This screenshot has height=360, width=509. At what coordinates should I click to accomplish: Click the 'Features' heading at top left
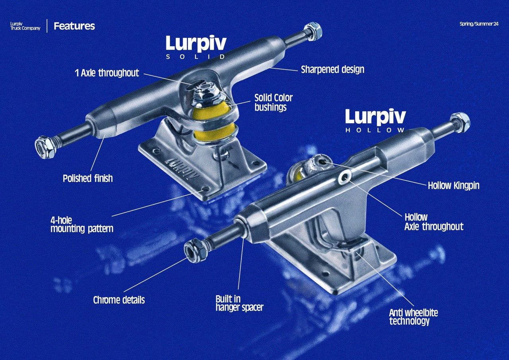tap(74, 26)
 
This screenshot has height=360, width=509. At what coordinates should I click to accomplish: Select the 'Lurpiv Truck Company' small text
tap(25, 26)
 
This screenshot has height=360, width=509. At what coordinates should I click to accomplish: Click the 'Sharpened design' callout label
tap(332, 70)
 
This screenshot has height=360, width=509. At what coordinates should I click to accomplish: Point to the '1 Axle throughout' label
tap(107, 73)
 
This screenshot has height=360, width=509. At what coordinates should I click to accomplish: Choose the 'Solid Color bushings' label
tap(273, 102)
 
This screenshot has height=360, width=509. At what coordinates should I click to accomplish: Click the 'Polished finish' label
tap(87, 178)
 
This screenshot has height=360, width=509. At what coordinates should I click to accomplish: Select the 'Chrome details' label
tap(119, 300)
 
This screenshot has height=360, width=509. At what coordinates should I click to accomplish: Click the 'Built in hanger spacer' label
tap(239, 303)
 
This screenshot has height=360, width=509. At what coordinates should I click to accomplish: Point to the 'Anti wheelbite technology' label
tap(413, 317)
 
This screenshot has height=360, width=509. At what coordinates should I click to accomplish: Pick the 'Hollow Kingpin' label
tap(453, 185)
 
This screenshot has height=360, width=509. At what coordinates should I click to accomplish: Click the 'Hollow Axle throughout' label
tap(433, 222)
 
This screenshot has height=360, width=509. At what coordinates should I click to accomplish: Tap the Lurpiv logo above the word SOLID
tap(196, 43)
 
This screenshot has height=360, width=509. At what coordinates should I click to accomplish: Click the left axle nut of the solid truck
tap(43, 143)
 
